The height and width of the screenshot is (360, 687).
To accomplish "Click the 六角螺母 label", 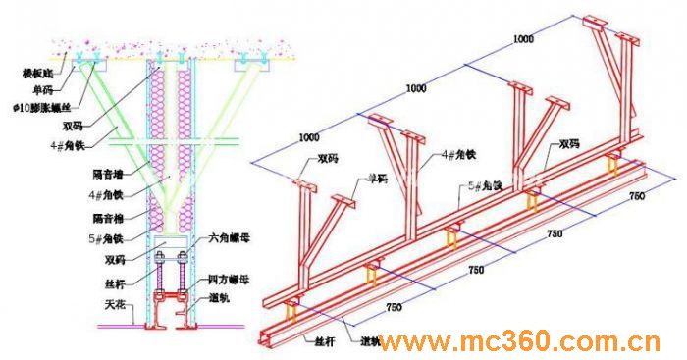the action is (x=226, y=238).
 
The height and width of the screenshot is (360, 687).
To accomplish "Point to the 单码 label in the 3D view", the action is (x=377, y=179).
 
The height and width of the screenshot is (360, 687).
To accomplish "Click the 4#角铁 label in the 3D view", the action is (x=459, y=155).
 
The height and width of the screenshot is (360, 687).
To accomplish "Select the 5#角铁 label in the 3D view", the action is (x=484, y=184).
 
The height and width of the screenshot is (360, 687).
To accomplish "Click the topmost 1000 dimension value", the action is (x=525, y=39).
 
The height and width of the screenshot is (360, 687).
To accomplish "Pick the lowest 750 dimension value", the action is (x=394, y=308).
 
